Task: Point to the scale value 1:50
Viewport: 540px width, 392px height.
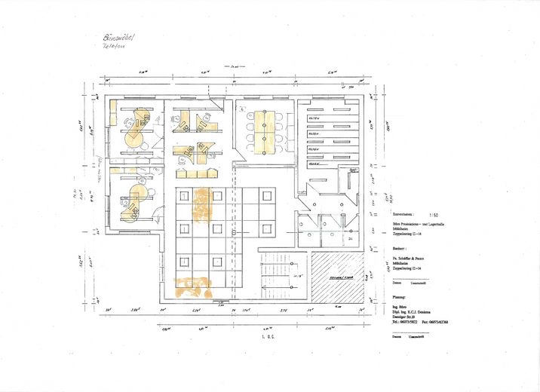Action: click(x=431, y=214)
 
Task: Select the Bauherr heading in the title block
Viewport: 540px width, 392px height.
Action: click(x=401, y=247)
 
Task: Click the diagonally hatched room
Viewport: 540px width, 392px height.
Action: click(x=339, y=277)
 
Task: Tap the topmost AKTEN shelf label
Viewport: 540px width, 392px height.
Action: click(x=314, y=118)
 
